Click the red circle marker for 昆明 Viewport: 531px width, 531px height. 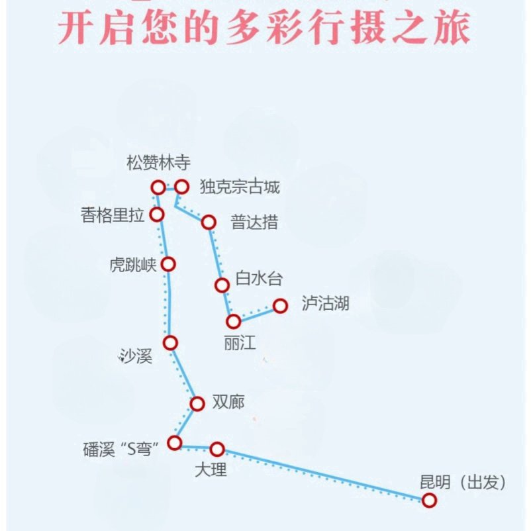tap(430, 501)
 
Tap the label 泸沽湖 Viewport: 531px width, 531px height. tap(324, 304)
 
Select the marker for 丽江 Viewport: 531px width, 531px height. tap(233, 322)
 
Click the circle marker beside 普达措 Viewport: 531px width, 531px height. tap(209, 222)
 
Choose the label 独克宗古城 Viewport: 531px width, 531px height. tap(240, 187)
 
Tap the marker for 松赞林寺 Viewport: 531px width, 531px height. tap(158, 187)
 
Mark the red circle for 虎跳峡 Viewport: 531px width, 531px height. tap(169, 264)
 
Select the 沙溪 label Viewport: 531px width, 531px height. tap(136, 357)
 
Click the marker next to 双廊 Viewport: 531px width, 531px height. tap(197, 404)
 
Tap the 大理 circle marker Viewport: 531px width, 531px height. tap(217, 449)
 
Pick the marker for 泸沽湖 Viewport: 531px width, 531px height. tap(280, 305)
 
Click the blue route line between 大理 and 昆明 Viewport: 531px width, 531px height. tap(324, 475)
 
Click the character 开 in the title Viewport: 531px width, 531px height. tap(77, 28)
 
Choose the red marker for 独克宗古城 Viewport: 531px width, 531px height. tap(181, 187)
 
